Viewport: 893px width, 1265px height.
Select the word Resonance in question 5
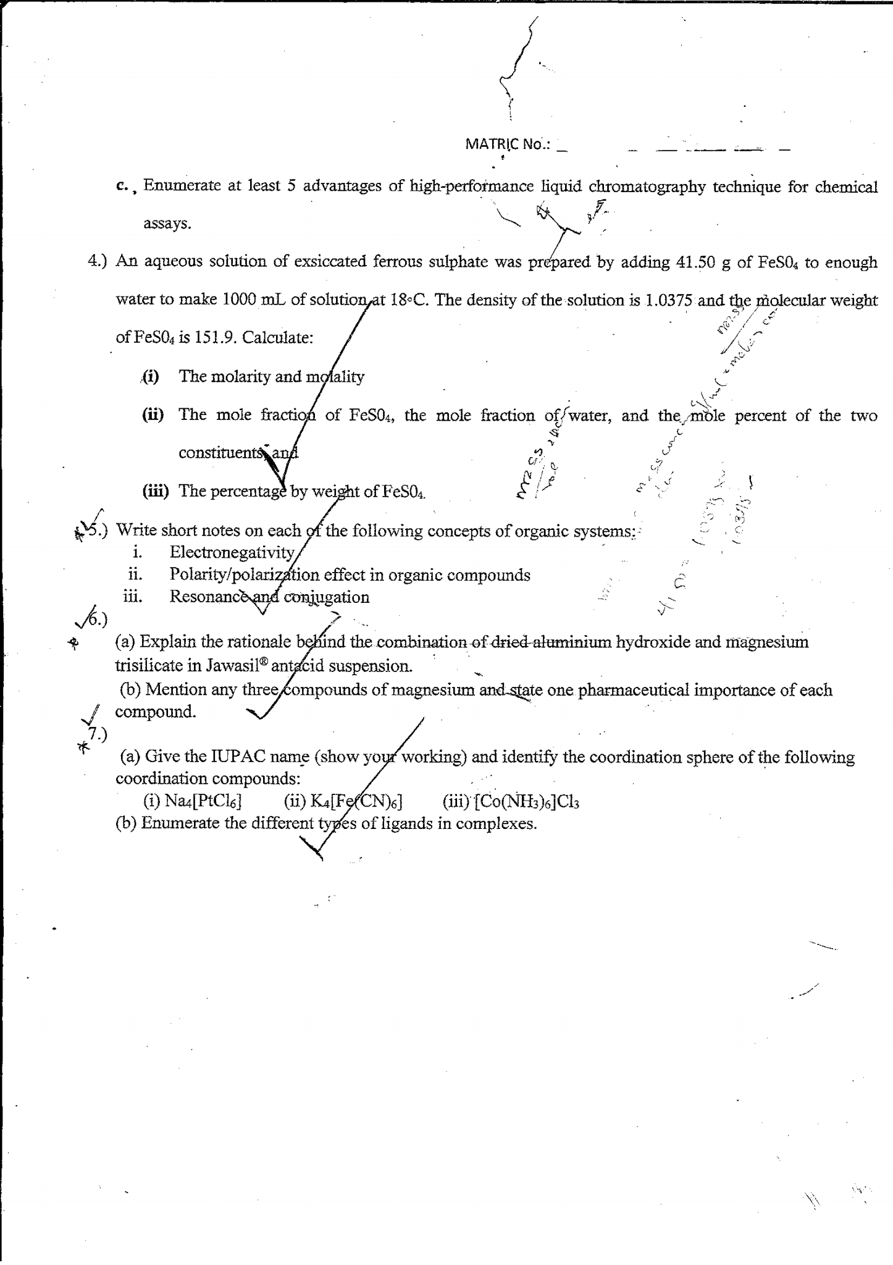[x=209, y=597]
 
